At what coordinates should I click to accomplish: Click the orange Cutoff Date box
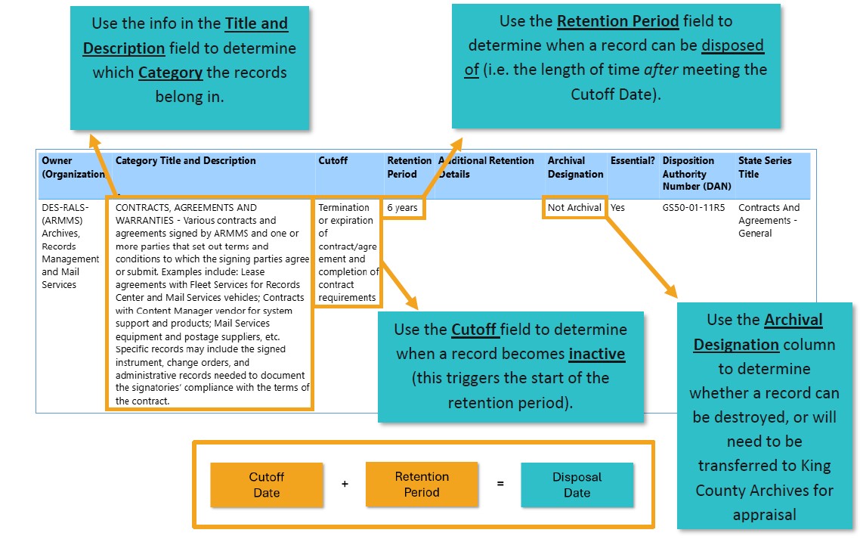click(x=266, y=485)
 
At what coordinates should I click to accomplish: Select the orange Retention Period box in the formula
click(x=422, y=485)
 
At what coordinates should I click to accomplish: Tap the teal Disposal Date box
click(x=577, y=485)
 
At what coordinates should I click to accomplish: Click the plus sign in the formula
click(x=345, y=484)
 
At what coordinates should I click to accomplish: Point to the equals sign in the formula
click(x=500, y=484)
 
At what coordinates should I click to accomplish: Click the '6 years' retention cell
click(x=402, y=208)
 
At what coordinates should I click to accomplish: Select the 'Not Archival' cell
click(x=574, y=208)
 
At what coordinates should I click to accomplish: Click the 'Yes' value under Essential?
click(x=618, y=208)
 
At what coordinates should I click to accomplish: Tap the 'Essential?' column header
click(x=633, y=161)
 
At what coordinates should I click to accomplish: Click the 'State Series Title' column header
click(x=765, y=167)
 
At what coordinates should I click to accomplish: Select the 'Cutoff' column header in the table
click(x=333, y=161)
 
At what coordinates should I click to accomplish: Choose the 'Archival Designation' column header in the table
click(x=575, y=167)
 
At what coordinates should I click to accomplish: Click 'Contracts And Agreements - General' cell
click(x=769, y=220)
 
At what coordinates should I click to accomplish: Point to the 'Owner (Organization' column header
click(x=73, y=167)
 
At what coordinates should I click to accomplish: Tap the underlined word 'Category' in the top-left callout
click(x=170, y=73)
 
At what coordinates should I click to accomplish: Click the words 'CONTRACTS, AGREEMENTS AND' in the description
click(x=186, y=208)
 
